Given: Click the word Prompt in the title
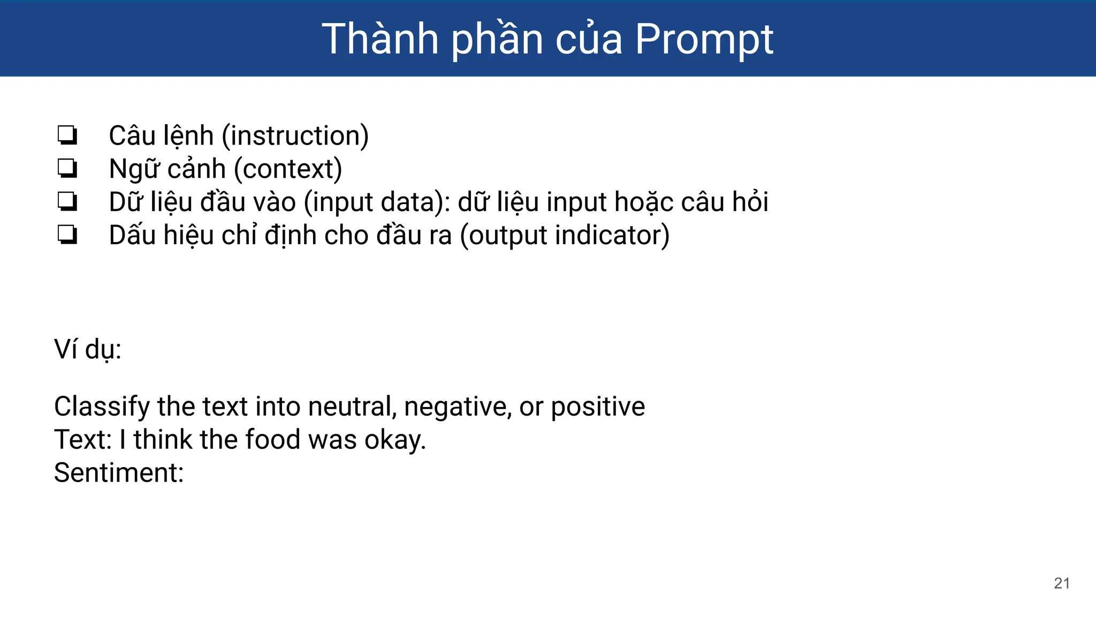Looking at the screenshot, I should tap(704, 40).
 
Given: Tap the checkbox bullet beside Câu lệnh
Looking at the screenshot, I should tap(67, 136).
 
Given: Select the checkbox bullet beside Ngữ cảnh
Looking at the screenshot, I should tap(67, 169).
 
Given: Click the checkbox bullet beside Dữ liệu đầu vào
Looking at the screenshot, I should tap(67, 202).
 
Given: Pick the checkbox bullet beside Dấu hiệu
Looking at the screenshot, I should tap(67, 235).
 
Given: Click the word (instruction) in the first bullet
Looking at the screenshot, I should tap(295, 136).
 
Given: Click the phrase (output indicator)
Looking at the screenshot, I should tap(565, 236).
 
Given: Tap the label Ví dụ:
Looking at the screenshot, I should tap(88, 349).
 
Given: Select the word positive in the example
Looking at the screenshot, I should tap(598, 407).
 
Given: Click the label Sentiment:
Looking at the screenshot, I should tap(119, 473).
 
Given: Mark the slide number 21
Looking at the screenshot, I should tap(1062, 583).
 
